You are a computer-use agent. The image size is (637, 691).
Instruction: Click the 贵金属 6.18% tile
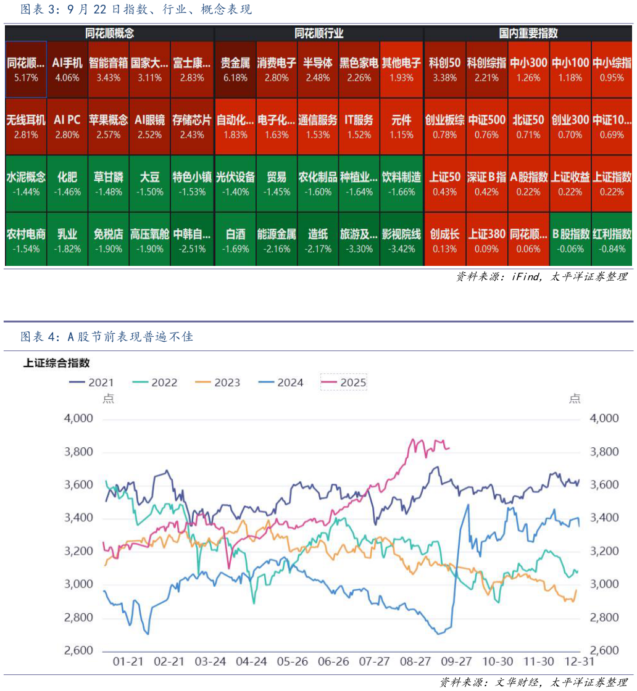coord(235,69)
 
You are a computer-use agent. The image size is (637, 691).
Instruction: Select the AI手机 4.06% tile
coord(67,69)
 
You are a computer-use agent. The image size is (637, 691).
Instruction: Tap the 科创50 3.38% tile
coord(444,69)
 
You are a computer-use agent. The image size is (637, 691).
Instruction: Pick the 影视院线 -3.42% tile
coord(401,241)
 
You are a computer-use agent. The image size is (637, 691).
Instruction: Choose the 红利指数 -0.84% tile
coord(612,241)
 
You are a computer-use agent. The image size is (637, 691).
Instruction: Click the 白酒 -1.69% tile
coord(235,241)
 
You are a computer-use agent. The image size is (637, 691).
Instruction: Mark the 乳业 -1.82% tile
coord(67,241)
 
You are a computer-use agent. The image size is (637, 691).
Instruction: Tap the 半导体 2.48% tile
coord(318,69)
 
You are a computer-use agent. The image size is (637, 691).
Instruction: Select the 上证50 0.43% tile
coord(444,183)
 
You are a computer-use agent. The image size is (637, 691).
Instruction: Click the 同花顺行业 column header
coord(318,34)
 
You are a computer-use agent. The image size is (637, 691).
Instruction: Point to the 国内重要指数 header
coord(528,34)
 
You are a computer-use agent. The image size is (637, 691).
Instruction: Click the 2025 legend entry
coord(344,383)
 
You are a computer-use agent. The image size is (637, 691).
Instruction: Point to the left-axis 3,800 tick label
coord(78,452)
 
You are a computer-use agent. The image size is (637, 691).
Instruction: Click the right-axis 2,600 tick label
coord(604,651)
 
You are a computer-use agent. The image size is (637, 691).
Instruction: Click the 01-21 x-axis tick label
coord(128,661)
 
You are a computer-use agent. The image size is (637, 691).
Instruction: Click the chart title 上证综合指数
coord(56,363)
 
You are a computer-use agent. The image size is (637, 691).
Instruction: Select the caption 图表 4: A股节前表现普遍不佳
coord(107,337)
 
